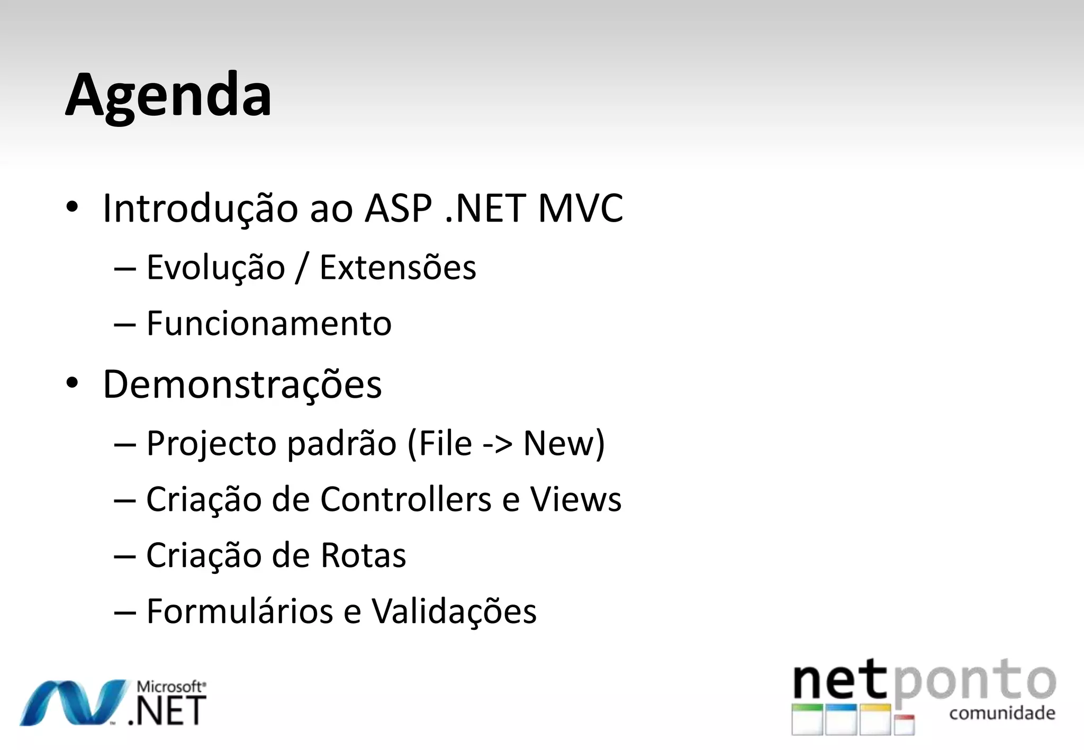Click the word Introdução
201,208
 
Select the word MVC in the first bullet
580,208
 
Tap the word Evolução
215,268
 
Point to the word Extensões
398,268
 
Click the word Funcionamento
269,324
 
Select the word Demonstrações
242,385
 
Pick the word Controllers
405,499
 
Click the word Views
575,499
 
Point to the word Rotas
363,555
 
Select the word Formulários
239,611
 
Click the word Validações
454,611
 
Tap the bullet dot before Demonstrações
72,383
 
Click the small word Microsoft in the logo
170,687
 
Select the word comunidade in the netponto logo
1002,713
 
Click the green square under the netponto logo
807,719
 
